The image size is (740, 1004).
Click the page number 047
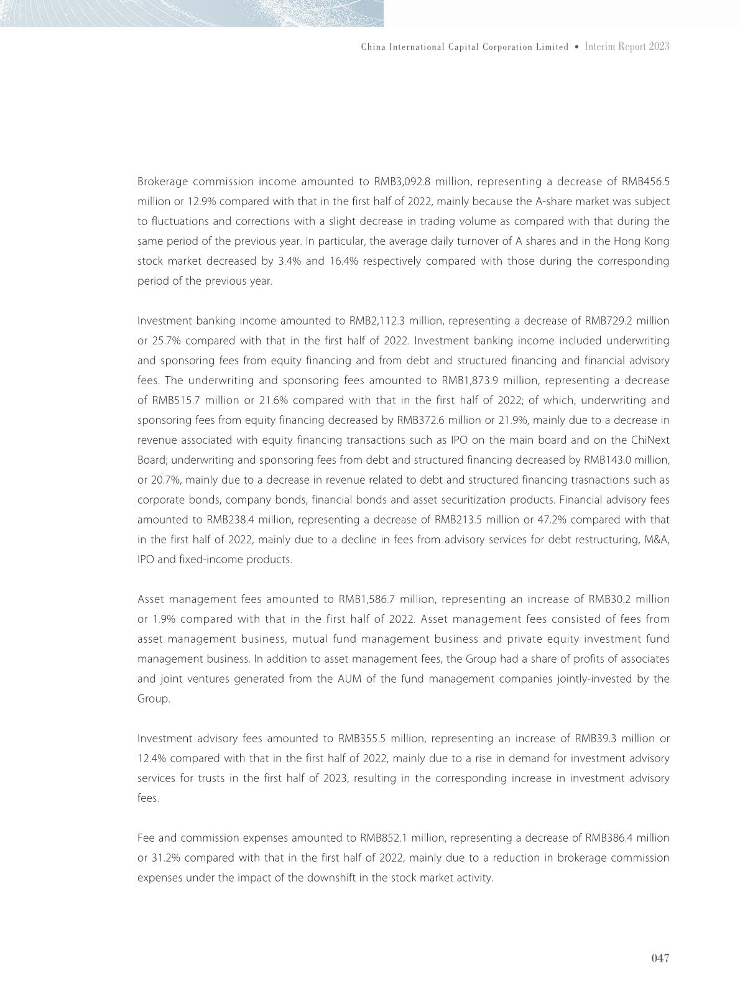click(x=660, y=958)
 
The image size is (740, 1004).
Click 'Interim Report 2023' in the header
click(x=627, y=47)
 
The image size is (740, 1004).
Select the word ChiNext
click(x=650, y=440)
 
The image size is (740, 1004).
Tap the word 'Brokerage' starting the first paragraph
click(x=162, y=182)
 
